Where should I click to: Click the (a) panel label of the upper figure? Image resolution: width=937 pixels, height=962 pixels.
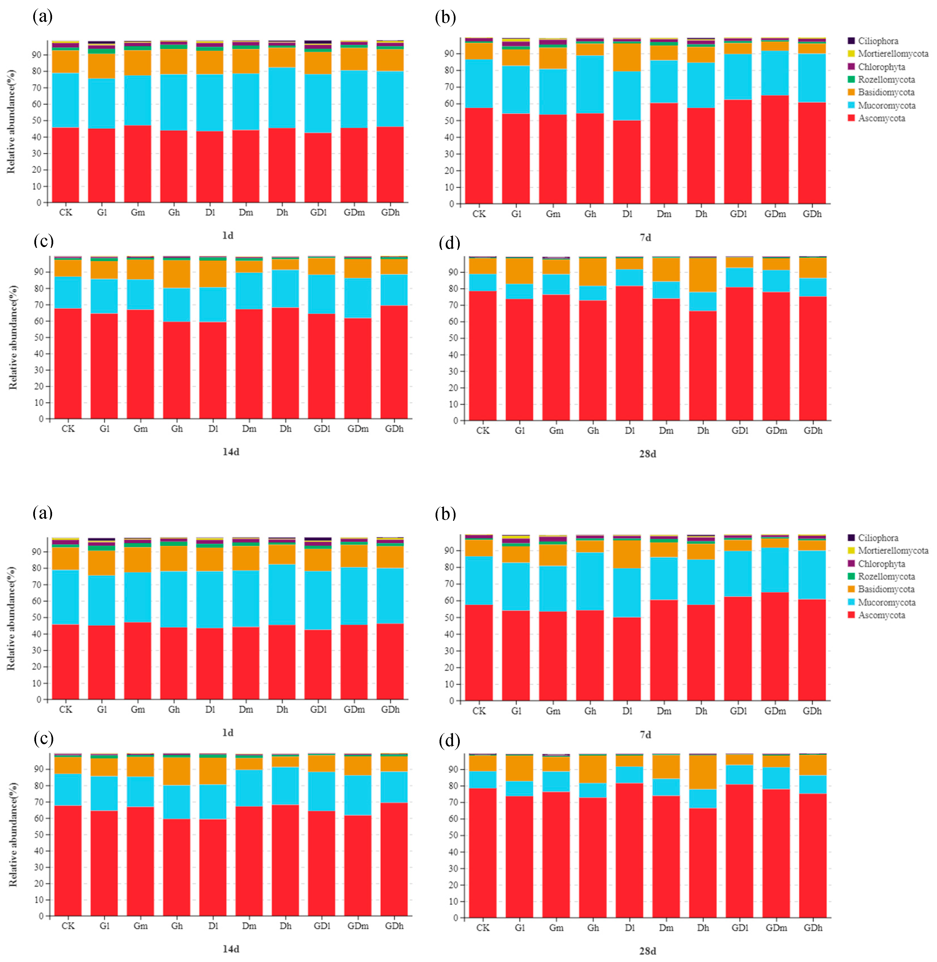42,17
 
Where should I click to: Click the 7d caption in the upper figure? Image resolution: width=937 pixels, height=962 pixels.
645,237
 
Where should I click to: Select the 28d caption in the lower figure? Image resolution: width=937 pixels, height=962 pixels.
648,951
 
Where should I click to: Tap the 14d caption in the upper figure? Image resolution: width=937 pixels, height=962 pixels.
231,452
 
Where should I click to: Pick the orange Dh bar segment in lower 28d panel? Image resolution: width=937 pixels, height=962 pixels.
703,772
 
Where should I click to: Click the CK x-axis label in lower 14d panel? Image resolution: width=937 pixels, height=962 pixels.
68,926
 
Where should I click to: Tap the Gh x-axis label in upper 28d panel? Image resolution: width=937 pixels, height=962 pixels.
593,430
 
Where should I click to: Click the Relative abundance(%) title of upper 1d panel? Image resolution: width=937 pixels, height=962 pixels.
11,122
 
